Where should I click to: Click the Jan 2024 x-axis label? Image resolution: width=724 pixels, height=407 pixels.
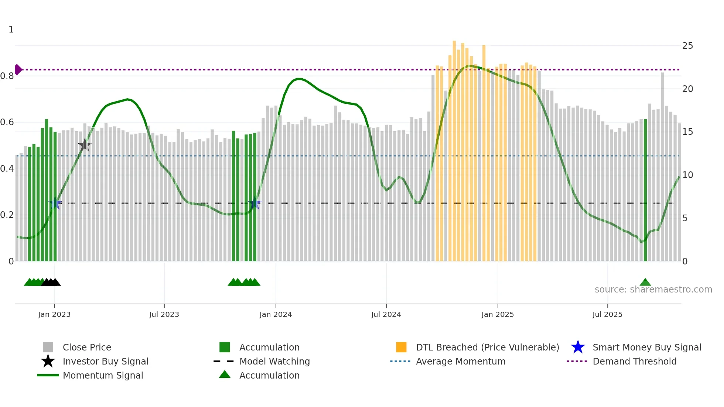pos(276,314)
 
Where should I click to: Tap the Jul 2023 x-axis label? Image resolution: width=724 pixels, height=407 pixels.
pos(164,314)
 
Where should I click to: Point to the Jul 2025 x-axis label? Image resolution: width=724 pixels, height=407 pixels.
pos(607,314)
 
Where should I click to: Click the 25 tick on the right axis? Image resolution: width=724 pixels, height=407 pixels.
pos(687,46)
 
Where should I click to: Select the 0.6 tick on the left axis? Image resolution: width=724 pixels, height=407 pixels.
pos(7,122)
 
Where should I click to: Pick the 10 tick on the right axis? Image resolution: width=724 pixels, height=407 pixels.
pos(687,175)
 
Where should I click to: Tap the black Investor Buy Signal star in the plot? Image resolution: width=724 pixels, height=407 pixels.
pos(85,145)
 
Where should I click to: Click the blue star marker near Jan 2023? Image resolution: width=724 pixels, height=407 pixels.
pos(55,203)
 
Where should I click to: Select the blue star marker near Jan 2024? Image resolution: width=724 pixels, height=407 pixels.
pos(255,203)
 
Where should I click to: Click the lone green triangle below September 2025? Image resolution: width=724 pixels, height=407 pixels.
pos(645,283)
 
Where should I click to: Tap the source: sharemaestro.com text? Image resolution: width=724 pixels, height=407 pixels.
pos(653,290)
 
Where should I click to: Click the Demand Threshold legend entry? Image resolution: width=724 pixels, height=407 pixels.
pos(634,362)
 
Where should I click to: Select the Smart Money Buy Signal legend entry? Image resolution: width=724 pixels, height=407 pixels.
pos(646,348)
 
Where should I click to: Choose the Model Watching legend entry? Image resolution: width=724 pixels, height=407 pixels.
pos(274,362)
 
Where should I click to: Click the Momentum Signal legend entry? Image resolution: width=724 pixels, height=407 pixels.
pos(103,376)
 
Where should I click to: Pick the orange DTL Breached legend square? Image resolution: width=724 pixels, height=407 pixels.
pos(401,347)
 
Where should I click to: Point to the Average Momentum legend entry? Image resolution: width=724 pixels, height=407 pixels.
pos(460,362)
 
